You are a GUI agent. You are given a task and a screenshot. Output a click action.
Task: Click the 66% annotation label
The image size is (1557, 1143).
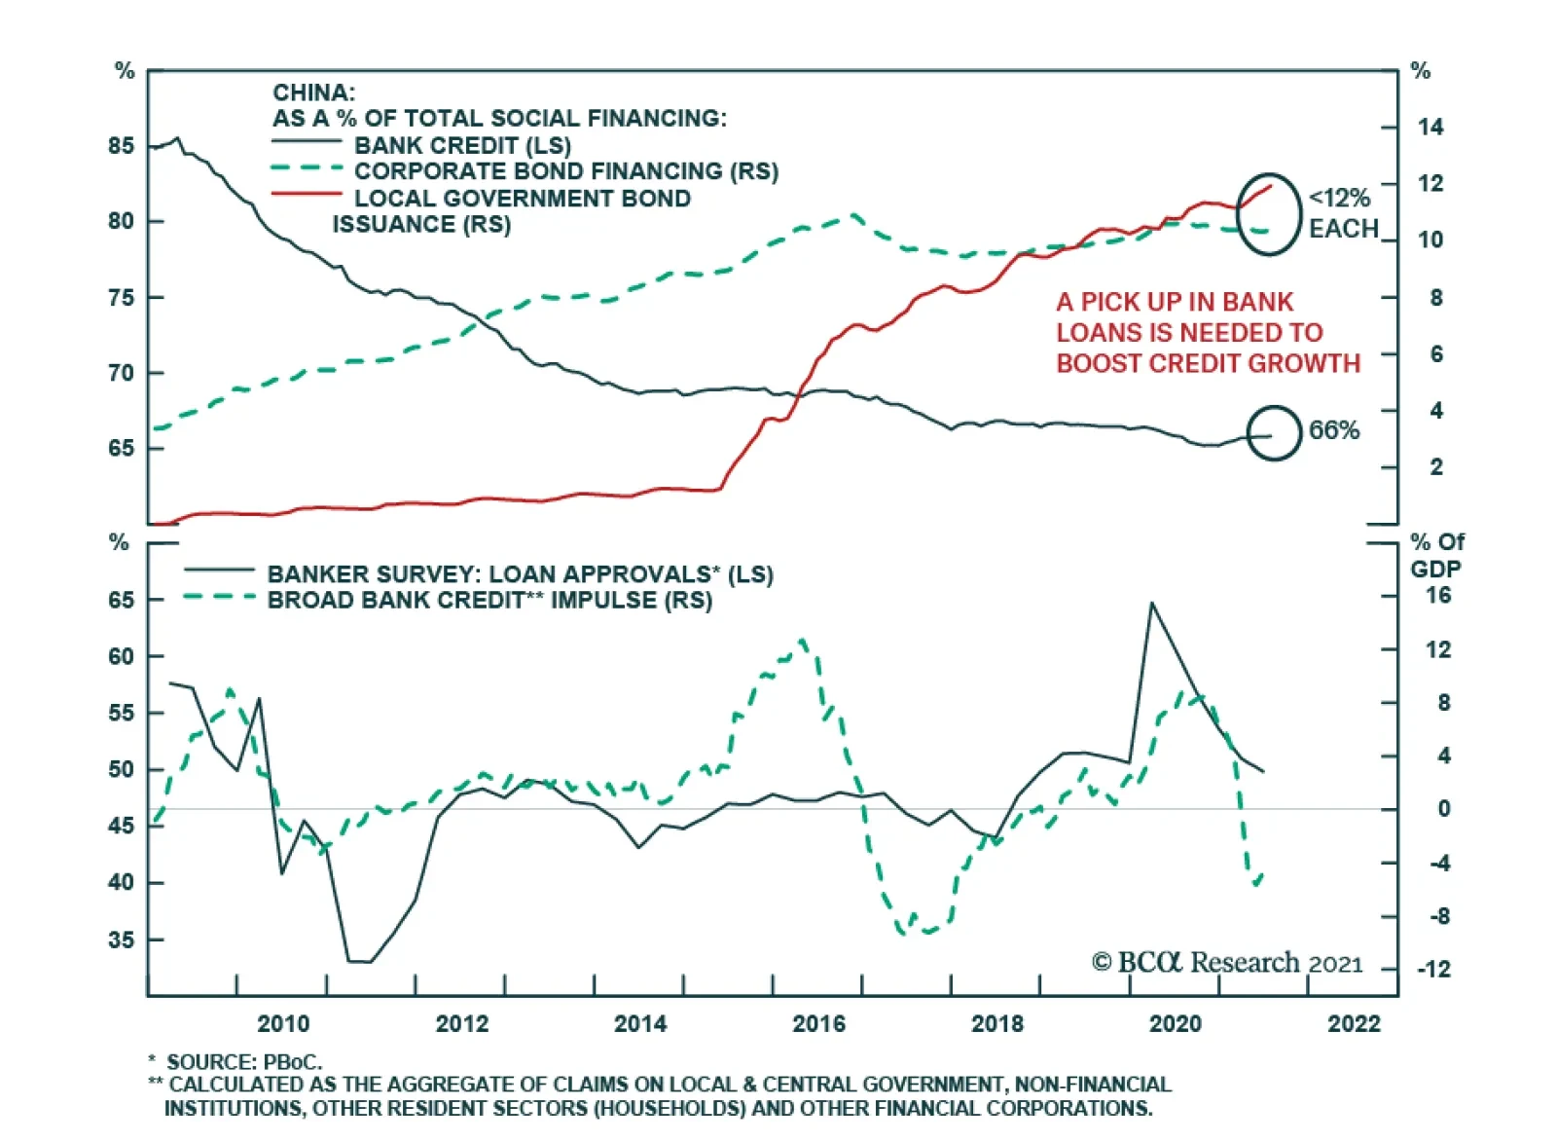point(1333,430)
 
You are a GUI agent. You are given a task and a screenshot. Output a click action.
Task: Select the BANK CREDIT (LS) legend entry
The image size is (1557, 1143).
point(462,145)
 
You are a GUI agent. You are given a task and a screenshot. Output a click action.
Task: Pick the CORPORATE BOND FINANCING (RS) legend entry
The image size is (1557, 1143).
point(565,171)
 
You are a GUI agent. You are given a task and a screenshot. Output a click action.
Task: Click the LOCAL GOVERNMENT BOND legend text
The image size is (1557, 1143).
point(522,199)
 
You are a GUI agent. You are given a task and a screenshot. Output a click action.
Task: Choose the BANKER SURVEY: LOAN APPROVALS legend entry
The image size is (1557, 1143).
point(520,574)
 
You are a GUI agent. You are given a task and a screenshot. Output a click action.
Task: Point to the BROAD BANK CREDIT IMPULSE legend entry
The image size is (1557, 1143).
point(489,600)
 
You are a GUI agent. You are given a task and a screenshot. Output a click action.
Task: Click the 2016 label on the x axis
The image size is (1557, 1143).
point(818,1023)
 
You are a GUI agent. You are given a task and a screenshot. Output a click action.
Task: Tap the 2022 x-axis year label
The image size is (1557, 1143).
point(1354,1023)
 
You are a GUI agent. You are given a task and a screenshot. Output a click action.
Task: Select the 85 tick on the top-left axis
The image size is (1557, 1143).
point(122,146)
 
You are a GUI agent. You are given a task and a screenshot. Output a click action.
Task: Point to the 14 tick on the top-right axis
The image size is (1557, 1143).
point(1430,127)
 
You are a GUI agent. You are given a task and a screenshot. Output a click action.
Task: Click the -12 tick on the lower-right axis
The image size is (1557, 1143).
point(1432,970)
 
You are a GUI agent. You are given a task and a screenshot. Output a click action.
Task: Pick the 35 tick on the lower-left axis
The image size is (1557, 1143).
point(122,940)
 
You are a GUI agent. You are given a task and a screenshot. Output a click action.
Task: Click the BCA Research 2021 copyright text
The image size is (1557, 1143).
point(1227,963)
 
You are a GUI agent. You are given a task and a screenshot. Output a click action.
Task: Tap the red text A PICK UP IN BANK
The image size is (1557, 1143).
point(1175,302)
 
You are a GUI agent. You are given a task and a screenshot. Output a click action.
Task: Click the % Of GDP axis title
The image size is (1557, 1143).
point(1436,555)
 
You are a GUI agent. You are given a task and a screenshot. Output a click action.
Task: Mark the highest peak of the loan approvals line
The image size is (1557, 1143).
point(1152,603)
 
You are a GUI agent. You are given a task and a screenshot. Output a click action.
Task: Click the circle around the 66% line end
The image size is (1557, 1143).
point(1273,433)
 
